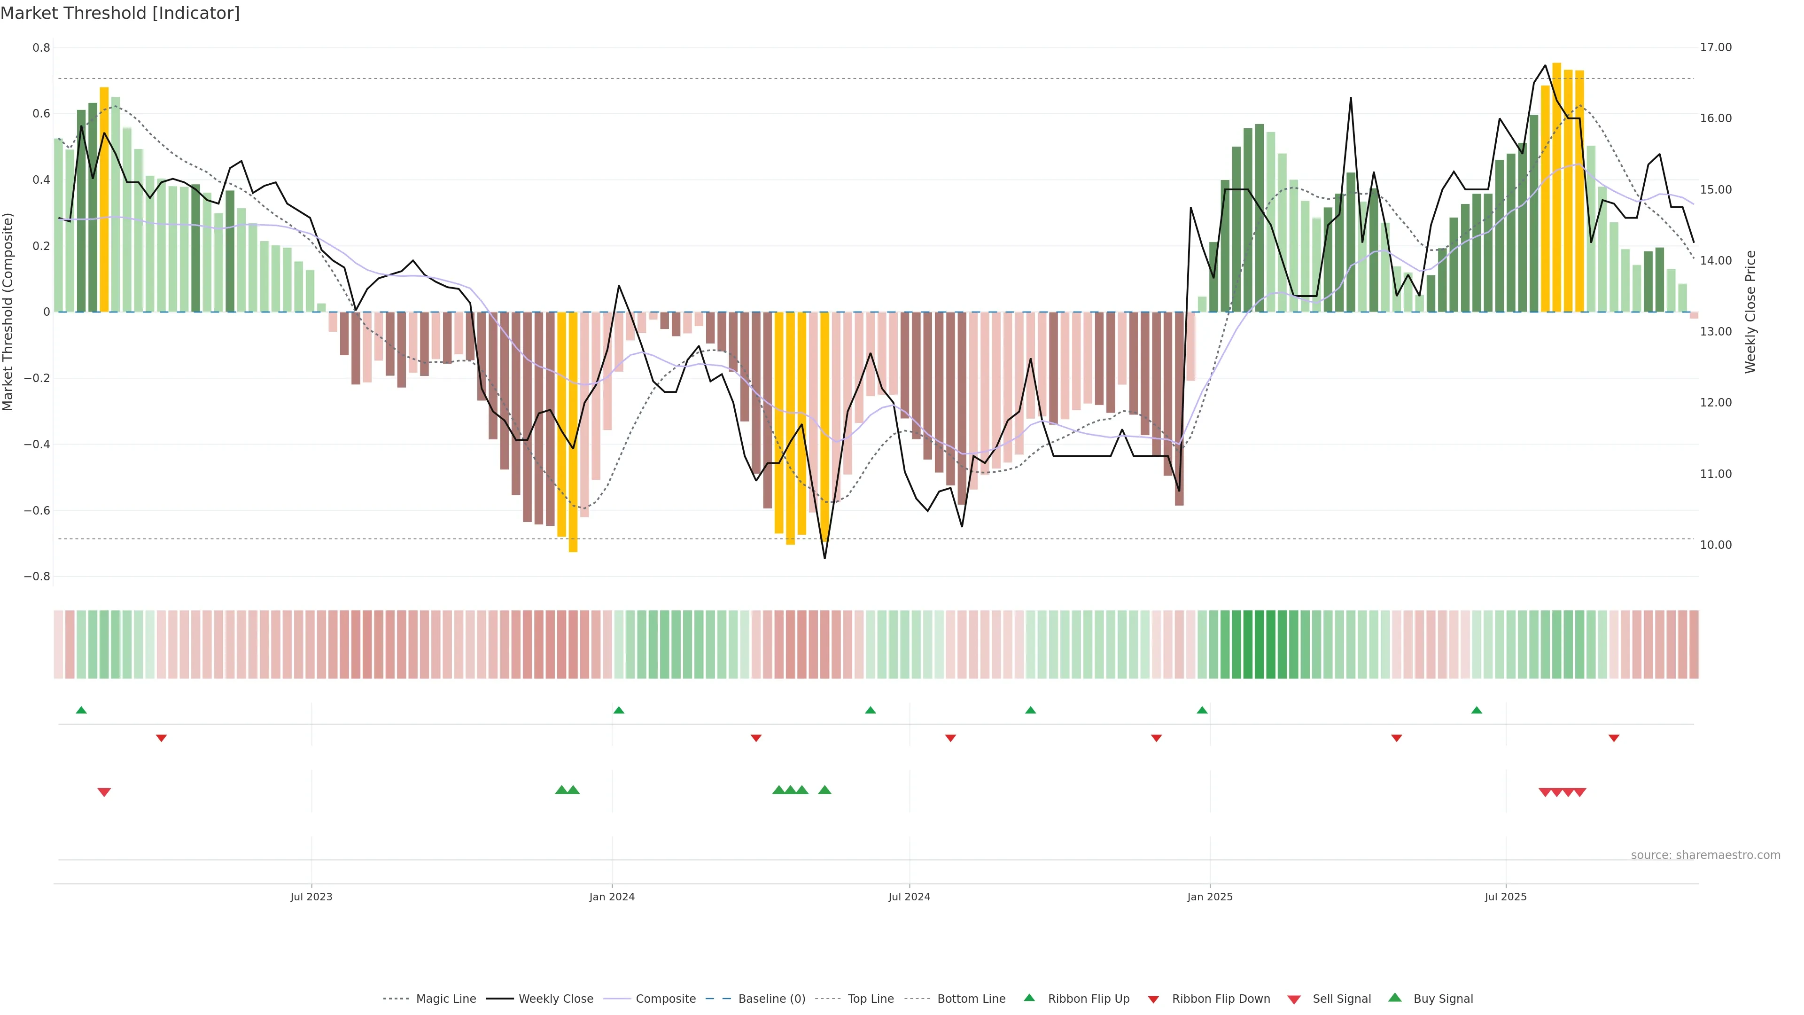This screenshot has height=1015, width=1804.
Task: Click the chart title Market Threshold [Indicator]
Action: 120,13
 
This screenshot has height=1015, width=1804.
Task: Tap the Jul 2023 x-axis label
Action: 311,897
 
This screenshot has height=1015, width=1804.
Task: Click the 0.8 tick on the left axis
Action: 41,47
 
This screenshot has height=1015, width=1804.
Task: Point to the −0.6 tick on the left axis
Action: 37,511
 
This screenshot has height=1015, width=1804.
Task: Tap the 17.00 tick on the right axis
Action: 1716,47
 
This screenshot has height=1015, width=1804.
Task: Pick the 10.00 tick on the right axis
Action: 1716,545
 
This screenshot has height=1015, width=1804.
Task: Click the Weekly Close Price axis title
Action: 1751,312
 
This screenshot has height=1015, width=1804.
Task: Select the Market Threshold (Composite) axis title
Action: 8,312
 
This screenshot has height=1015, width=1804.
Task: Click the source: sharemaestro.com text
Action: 1705,855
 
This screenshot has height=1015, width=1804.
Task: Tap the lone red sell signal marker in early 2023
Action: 104,792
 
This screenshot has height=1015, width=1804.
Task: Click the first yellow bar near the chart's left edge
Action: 104,200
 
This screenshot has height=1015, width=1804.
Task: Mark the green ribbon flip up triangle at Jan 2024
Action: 618,710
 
